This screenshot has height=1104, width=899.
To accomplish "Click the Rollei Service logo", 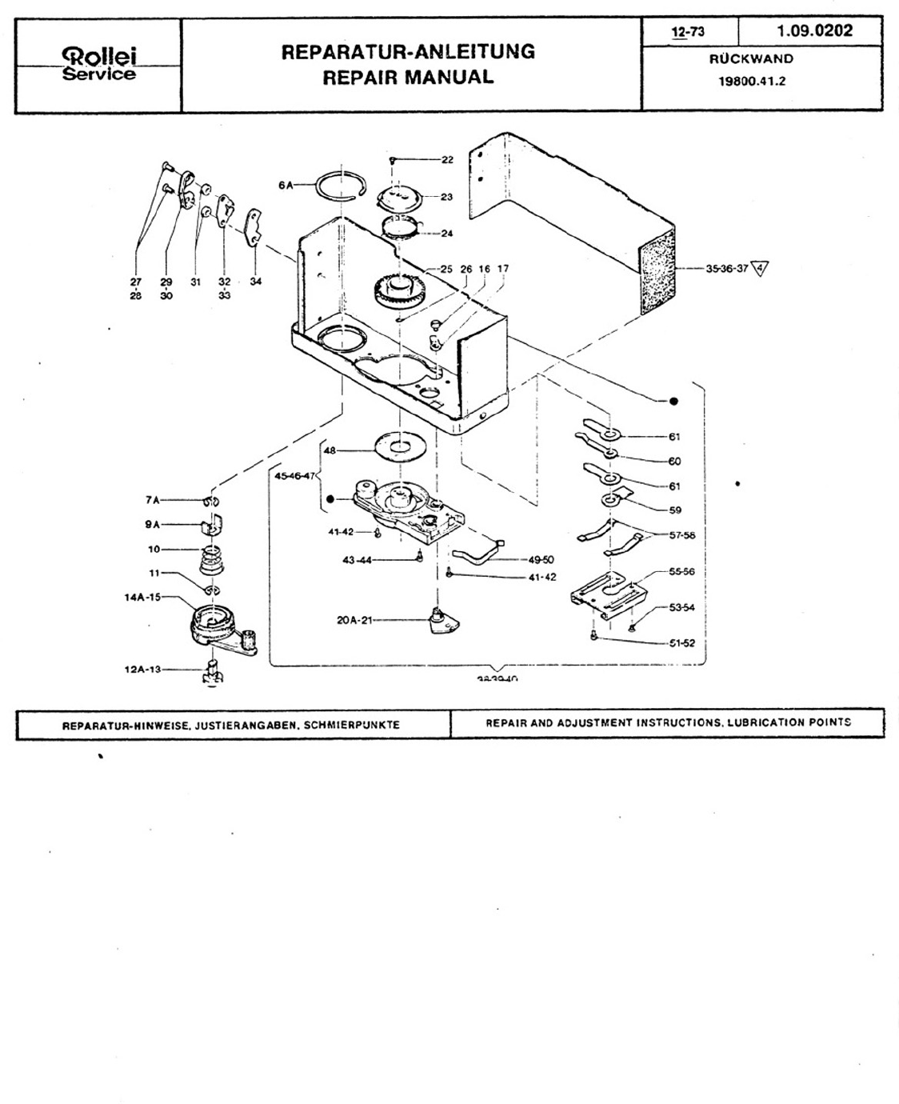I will (x=99, y=64).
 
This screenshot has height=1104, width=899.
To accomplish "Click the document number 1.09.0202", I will (x=814, y=31).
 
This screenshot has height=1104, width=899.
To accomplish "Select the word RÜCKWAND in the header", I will (x=751, y=58).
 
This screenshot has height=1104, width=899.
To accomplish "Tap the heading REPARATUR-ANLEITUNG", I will (x=408, y=52).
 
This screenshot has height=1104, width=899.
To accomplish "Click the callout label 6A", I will (x=286, y=185).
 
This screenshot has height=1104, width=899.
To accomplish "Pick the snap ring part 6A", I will (x=341, y=190).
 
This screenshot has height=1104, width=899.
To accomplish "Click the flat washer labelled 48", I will (x=398, y=444).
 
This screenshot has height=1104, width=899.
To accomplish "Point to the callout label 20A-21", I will (x=354, y=619).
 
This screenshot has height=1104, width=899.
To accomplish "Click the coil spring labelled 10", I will (x=211, y=557).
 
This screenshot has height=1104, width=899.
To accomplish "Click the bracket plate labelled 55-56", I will (x=608, y=596).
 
